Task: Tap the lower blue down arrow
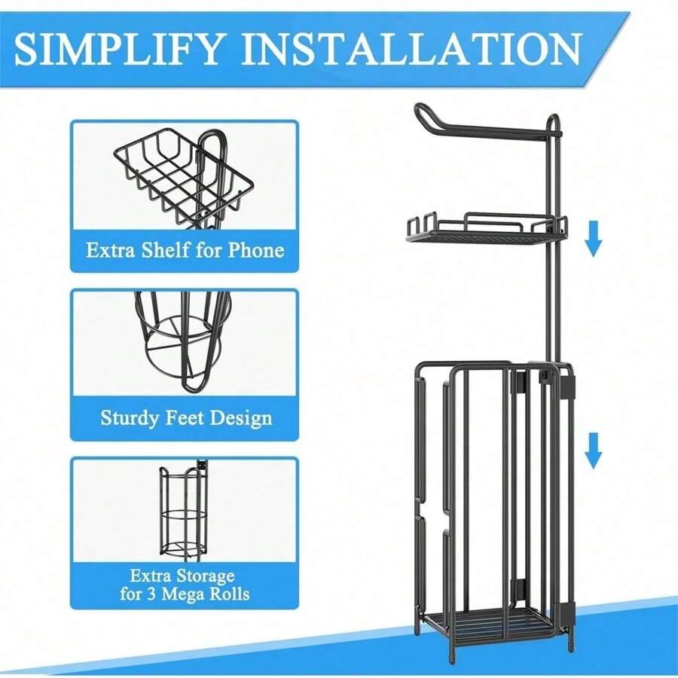[594, 450]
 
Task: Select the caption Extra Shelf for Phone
[185, 250]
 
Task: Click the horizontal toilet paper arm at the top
[497, 131]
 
